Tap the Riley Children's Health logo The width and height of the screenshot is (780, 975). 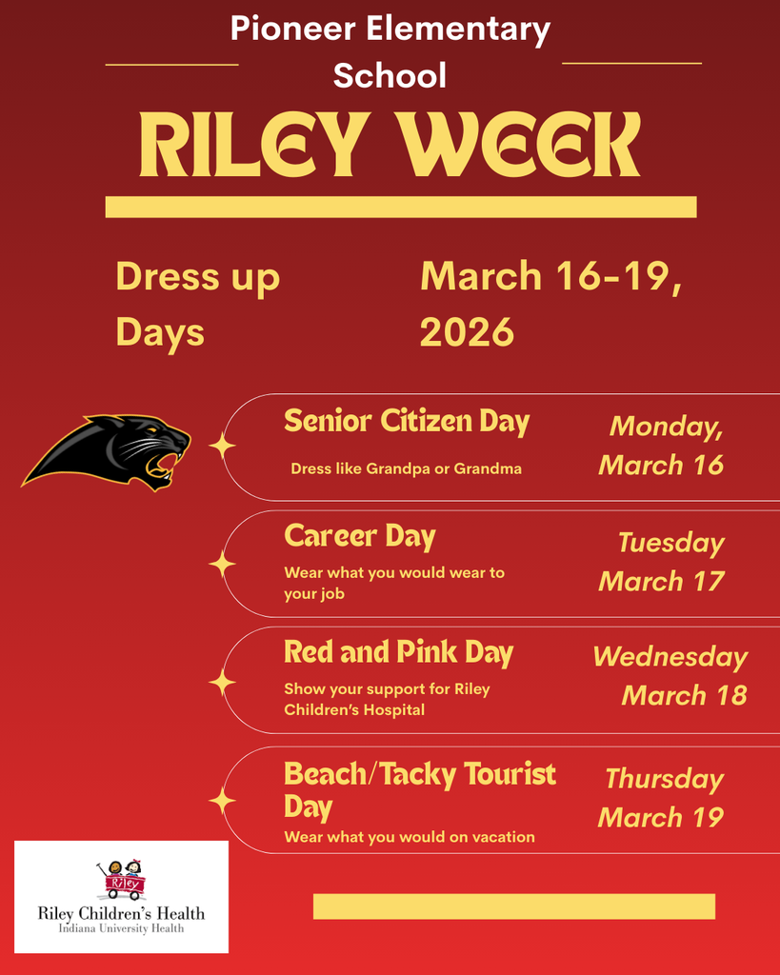121,897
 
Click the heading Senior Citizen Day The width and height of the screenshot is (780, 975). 407,421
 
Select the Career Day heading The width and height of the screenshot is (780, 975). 359,536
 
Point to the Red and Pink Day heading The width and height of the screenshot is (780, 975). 398,652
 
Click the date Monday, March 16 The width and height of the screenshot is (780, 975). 662,446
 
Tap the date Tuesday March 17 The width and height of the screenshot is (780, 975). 663,562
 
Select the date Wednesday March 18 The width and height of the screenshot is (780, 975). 670,676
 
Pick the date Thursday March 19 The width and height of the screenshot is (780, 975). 662,798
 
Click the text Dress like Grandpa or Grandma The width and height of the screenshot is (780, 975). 406,468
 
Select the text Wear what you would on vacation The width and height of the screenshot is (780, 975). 409,837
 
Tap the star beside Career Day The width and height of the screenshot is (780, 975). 222,565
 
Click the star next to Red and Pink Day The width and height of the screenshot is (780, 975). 222,682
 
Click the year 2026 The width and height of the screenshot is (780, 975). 467,333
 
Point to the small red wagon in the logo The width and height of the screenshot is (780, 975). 125,884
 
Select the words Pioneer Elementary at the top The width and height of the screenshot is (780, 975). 390,30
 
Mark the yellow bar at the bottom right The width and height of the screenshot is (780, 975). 513,906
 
